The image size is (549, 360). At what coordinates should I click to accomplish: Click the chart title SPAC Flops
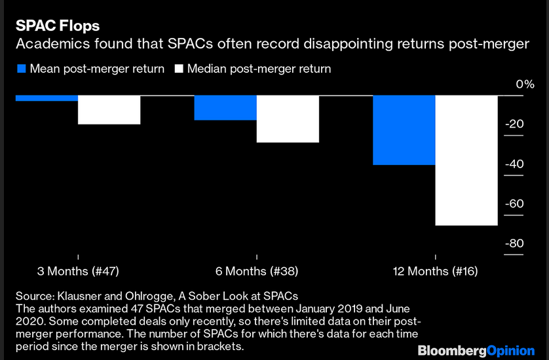click(x=58, y=26)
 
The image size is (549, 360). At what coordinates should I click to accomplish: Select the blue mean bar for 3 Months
click(x=47, y=98)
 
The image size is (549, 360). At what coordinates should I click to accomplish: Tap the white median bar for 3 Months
click(x=109, y=110)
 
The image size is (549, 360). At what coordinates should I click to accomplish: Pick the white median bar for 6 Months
click(x=288, y=119)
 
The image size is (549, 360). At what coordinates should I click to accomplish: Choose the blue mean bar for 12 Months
click(x=404, y=130)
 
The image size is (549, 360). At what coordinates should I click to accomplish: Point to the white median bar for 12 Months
click(x=467, y=160)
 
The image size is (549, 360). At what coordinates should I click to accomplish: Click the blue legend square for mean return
click(x=21, y=69)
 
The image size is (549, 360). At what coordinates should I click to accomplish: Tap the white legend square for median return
click(x=178, y=69)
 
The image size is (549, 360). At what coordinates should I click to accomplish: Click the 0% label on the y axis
click(x=507, y=84)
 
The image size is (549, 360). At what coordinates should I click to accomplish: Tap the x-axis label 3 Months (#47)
click(x=78, y=271)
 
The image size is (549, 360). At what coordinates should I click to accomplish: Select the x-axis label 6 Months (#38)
click(x=256, y=271)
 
